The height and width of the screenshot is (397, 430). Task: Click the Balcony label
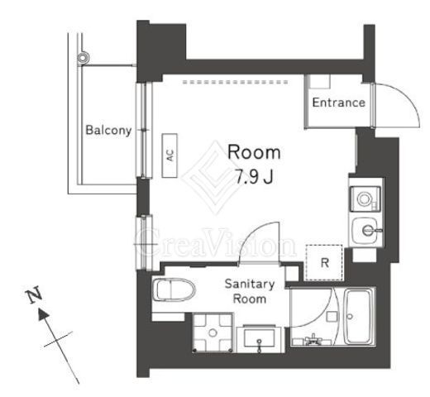[108, 130]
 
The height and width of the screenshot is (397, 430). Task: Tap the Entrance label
[339, 103]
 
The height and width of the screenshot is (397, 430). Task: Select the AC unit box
[170, 155]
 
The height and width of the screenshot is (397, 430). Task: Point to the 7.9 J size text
[254, 176]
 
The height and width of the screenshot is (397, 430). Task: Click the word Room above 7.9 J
[254, 152]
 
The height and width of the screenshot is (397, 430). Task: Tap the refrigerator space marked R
[324, 263]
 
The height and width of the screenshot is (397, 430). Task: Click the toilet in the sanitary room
[174, 289]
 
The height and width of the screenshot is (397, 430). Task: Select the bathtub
[358, 317]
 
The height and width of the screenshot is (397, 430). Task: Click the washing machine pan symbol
[213, 332]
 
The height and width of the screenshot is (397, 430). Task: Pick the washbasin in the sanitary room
[260, 338]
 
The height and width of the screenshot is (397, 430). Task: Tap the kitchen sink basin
[366, 231]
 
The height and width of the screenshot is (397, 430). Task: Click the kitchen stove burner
[364, 198]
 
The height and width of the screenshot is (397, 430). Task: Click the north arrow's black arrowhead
[43, 314]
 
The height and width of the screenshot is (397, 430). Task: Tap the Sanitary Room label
[250, 291]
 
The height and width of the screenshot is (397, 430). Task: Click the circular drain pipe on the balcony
[83, 58]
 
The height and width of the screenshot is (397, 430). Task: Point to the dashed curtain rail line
[235, 82]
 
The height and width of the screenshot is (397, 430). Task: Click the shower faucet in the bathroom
[313, 339]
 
